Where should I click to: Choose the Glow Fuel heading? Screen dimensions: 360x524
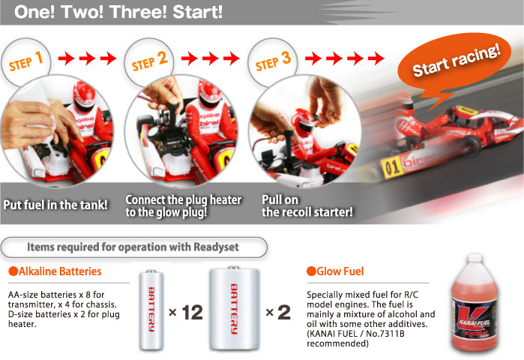click(x=338, y=271)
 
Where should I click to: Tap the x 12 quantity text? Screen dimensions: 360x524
click(x=187, y=312)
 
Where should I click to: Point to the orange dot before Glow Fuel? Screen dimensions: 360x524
click(x=310, y=271)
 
